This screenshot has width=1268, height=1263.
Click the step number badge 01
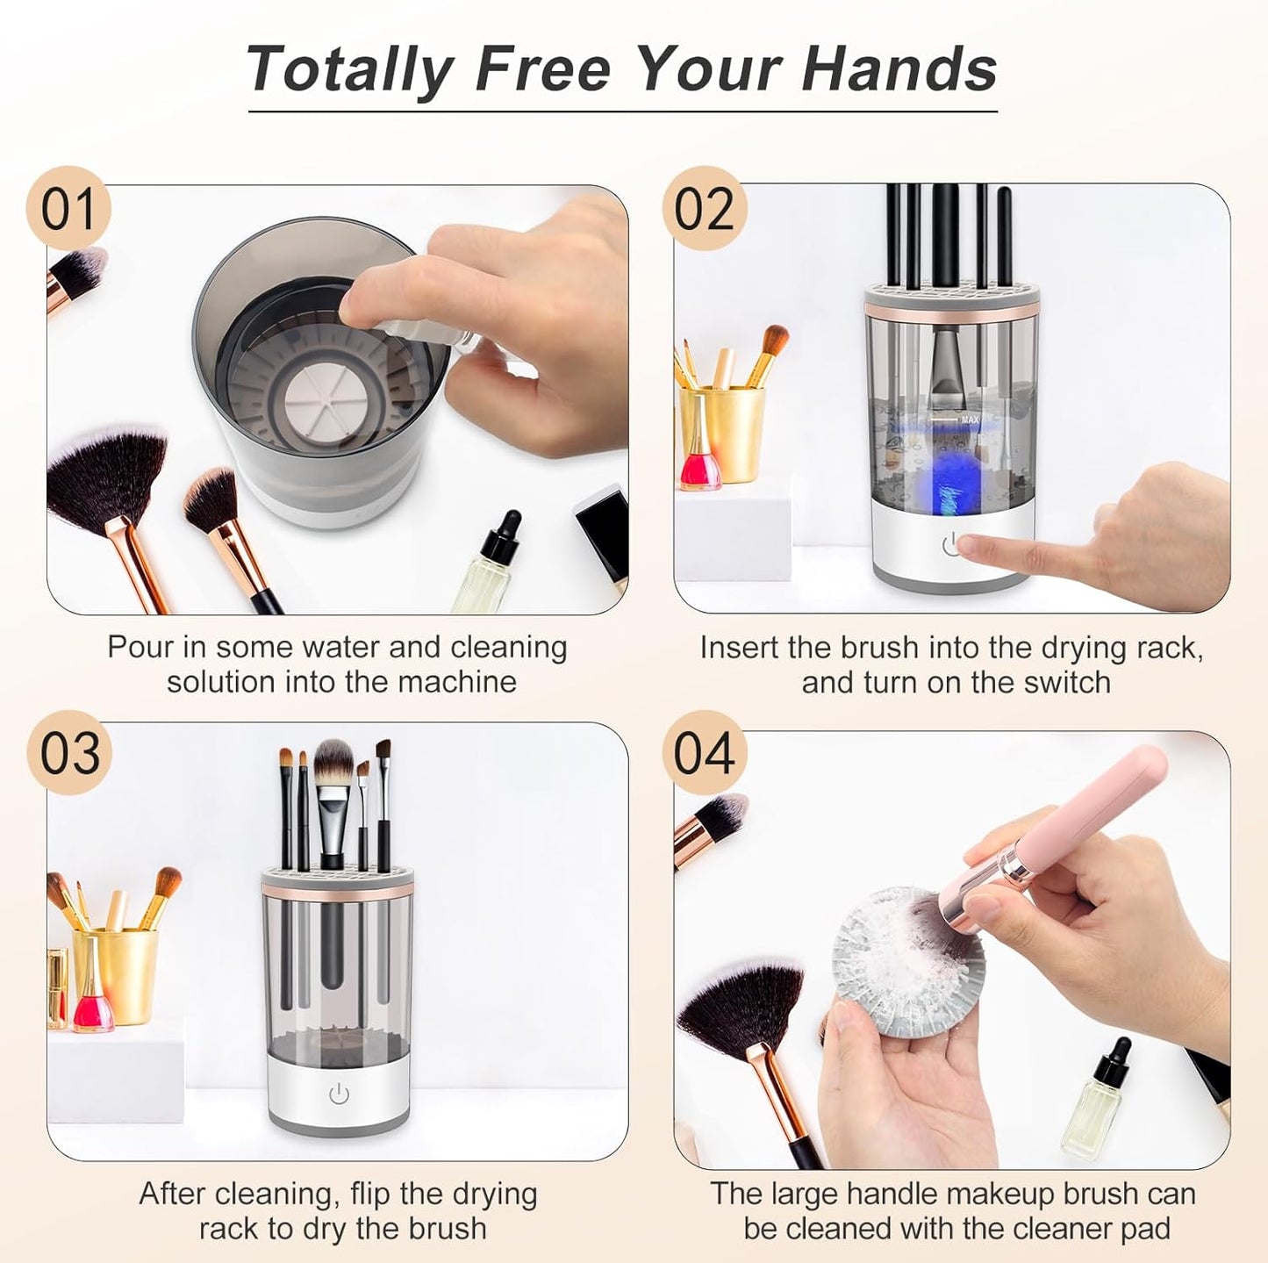(x=68, y=209)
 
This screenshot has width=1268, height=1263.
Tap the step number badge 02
(x=704, y=209)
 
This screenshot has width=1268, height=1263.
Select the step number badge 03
(x=69, y=753)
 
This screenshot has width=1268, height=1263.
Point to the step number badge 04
(x=704, y=753)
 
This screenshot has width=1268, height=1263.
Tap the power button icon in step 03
(x=339, y=1094)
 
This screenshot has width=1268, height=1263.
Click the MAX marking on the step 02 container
(x=969, y=420)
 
